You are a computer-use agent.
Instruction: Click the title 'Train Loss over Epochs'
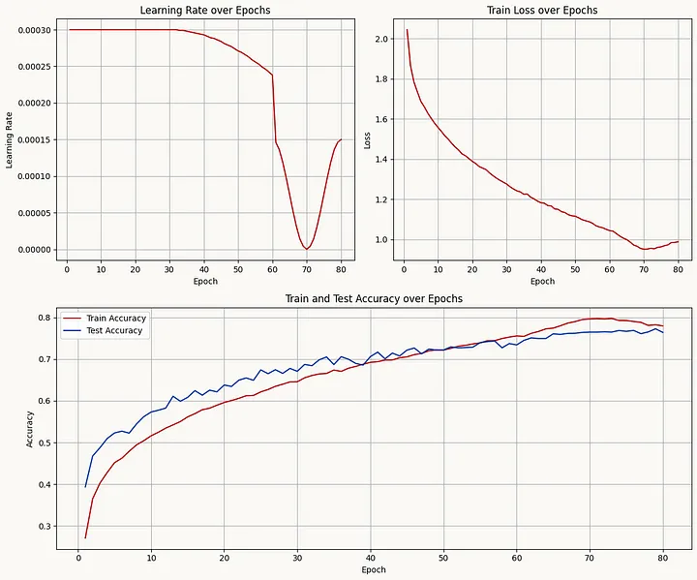[543, 10]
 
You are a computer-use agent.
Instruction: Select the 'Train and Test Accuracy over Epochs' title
[374, 299]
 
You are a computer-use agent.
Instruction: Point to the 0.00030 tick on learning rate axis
[34, 29]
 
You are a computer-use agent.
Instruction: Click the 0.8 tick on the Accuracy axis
[45, 318]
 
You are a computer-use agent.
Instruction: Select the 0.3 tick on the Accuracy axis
[45, 527]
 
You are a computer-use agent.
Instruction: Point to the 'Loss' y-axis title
[367, 139]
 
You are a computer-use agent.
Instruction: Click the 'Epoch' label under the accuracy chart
[374, 570]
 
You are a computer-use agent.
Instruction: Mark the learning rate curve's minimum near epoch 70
[307, 249]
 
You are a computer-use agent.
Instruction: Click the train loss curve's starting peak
[407, 30]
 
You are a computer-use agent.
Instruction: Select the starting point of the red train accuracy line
[85, 537]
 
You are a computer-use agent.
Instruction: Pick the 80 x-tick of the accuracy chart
[662, 557]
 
